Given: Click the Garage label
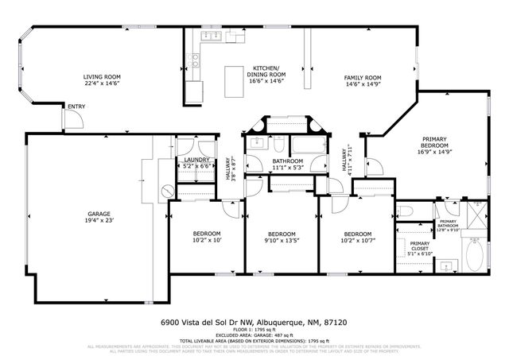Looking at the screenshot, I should (x=99, y=217).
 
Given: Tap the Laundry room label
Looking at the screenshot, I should (x=196, y=163).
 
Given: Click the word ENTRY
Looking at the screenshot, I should (x=77, y=106).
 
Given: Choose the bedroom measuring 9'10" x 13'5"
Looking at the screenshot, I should (x=280, y=236).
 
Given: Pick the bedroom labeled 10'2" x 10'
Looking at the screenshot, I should (x=206, y=236).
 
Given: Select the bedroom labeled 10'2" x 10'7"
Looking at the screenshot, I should (x=356, y=236).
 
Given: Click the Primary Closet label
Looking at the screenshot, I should (x=420, y=248).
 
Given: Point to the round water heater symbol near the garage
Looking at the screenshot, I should (x=167, y=191).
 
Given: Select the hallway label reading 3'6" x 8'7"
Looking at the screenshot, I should (x=231, y=168).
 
